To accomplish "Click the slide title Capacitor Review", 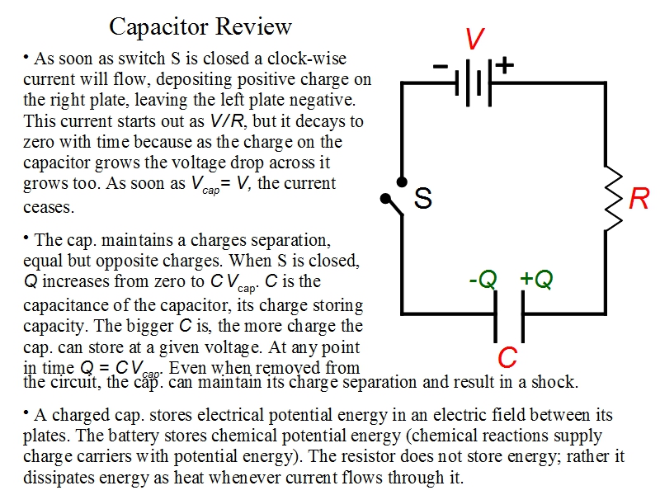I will tap(200, 27).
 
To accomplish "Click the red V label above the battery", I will tap(474, 39).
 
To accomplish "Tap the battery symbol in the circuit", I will tap(474, 82).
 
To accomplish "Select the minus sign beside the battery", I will tap(441, 64).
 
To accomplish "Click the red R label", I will tap(639, 199).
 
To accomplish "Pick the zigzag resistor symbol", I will tap(613, 199).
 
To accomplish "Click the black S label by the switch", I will tap(423, 199).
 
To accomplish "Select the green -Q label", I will tap(483, 280).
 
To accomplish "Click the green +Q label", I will tap(536, 280).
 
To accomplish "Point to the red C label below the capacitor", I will tap(508, 358).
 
